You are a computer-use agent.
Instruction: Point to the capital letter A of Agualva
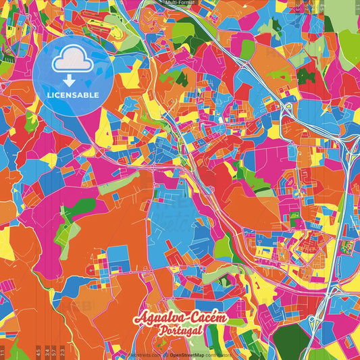139,318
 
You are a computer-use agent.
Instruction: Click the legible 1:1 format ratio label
3,351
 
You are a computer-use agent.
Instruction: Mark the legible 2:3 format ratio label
62,351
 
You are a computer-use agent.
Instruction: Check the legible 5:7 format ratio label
54,351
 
